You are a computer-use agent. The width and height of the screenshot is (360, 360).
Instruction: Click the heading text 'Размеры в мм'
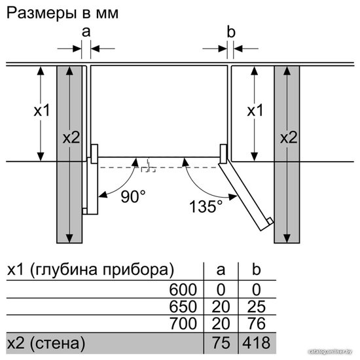pos(62,14)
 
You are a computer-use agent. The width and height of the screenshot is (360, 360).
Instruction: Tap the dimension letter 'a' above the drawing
pos(86,32)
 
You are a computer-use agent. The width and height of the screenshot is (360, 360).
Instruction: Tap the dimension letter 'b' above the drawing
pos(231,31)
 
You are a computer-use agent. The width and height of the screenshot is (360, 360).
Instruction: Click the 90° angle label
pos(133,196)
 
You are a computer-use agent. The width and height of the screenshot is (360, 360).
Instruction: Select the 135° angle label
pos(206,206)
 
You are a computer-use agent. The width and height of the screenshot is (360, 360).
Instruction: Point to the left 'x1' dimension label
pos(42,110)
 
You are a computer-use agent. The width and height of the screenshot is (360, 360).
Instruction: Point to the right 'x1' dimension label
pos(255,110)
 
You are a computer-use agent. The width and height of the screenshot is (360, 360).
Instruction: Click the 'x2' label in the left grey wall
pos(71,137)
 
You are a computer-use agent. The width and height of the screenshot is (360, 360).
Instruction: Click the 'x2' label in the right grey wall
pos(289,137)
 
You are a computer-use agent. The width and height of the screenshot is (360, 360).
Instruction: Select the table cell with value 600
pos(183,289)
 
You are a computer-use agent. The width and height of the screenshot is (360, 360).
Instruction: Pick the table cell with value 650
pos(183,306)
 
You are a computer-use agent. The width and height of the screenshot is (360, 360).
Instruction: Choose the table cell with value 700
pos(183,323)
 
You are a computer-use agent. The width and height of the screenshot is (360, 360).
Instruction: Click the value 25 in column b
pos(257,306)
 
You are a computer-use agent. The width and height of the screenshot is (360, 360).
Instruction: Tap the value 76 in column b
pos(257,323)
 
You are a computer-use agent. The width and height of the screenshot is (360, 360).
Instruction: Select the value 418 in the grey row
pos(257,343)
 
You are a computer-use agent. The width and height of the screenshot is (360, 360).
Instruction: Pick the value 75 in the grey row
pos(221,343)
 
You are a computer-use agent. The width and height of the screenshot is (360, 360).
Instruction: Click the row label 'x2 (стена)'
pos(46,343)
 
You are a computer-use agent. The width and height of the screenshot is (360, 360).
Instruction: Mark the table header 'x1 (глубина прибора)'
pos(90,270)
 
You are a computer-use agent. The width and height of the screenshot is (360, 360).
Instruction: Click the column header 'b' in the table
pos(256,269)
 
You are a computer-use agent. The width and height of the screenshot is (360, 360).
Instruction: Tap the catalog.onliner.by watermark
pos(330,351)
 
